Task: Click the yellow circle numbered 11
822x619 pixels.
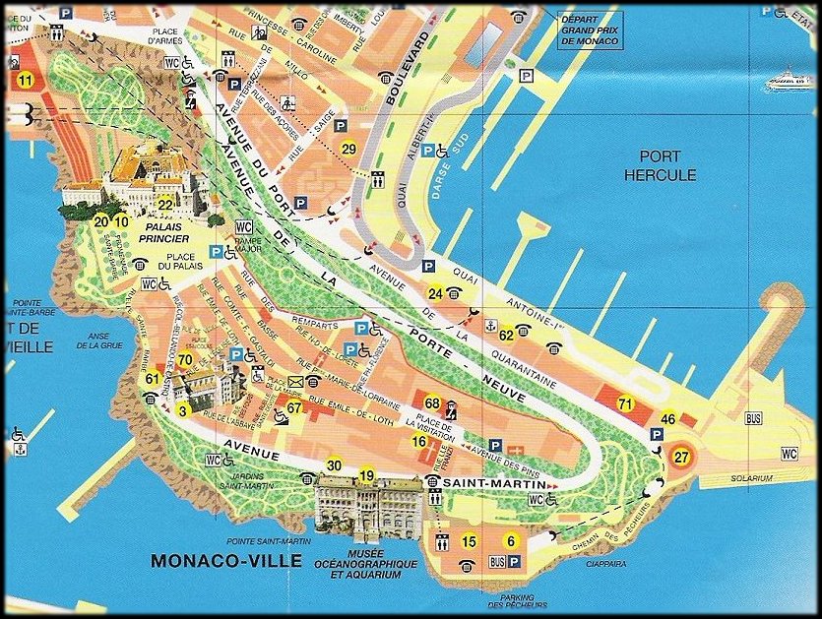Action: pyautogui.click(x=25, y=80)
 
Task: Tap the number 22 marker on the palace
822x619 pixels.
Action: pyautogui.click(x=165, y=205)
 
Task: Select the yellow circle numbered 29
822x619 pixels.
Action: pyautogui.click(x=348, y=149)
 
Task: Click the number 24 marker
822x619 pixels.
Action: pyautogui.click(x=435, y=292)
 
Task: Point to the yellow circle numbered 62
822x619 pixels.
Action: pyautogui.click(x=506, y=335)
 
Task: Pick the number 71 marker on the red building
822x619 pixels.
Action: pyautogui.click(x=624, y=403)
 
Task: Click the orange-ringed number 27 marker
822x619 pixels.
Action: pyautogui.click(x=681, y=456)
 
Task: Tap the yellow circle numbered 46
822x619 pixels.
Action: pyautogui.click(x=667, y=419)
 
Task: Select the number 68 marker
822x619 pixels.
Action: pyautogui.click(x=431, y=402)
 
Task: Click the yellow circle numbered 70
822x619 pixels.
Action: pyautogui.click(x=185, y=359)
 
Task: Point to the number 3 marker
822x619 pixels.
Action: pyautogui.click(x=182, y=409)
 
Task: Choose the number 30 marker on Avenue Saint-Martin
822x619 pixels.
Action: pyautogui.click(x=335, y=465)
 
